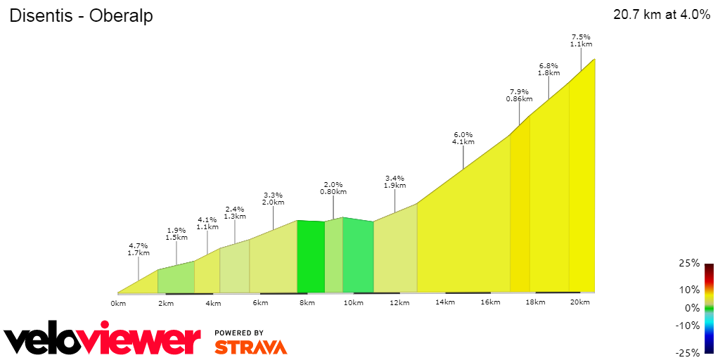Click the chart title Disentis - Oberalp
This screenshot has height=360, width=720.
pos(81,16)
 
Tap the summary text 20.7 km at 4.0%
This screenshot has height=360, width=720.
pos(662,15)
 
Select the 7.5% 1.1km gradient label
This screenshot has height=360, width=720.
pos(580,40)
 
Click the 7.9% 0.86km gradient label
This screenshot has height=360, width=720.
pos(519,95)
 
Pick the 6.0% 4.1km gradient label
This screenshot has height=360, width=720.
pos(463,138)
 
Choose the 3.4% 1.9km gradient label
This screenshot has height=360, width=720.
pos(395,181)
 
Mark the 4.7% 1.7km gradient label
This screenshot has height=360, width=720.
pos(139,249)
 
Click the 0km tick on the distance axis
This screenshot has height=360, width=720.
pos(118,303)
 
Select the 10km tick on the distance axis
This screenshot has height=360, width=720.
pos(353,303)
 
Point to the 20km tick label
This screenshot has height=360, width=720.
pos(579,302)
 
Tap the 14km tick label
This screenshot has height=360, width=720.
pos(444,302)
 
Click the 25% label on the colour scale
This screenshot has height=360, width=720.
pos(690,264)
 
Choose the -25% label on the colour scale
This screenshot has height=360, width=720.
pos(688,352)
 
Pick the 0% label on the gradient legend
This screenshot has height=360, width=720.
pos(692,307)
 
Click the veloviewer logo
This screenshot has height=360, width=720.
pos(103,340)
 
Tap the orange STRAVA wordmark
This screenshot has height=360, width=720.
pos(250,347)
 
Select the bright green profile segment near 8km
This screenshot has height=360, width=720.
pos(310,257)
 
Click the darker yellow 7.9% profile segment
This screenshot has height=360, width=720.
pos(520,211)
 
